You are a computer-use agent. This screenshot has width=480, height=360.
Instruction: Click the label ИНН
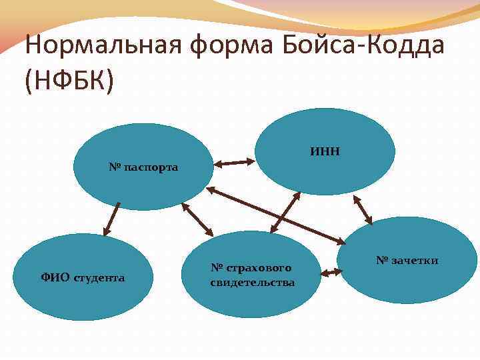click(x=325, y=151)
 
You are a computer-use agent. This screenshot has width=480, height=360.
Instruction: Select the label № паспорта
click(x=143, y=167)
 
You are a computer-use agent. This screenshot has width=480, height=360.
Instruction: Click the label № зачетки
click(x=407, y=260)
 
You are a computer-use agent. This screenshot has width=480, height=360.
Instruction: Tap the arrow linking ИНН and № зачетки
click(x=363, y=210)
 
